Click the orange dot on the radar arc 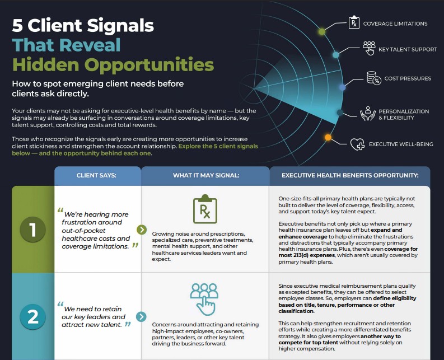point(328,138)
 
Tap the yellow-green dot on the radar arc point(322,31)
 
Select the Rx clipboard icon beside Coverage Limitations point(354,22)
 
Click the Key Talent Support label point(408,49)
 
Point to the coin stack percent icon point(374,78)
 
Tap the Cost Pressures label point(408,78)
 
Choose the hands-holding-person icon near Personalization point(367,114)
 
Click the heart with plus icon point(357,144)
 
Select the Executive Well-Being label point(401,144)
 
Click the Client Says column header point(96,175)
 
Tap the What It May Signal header point(206,175)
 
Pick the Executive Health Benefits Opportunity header point(350,175)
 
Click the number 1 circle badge point(33,229)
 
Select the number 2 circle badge point(33,317)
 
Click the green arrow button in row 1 point(142,230)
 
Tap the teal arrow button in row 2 point(141,317)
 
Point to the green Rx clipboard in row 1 point(205,209)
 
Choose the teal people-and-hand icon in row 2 point(204,299)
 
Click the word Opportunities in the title point(149,65)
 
